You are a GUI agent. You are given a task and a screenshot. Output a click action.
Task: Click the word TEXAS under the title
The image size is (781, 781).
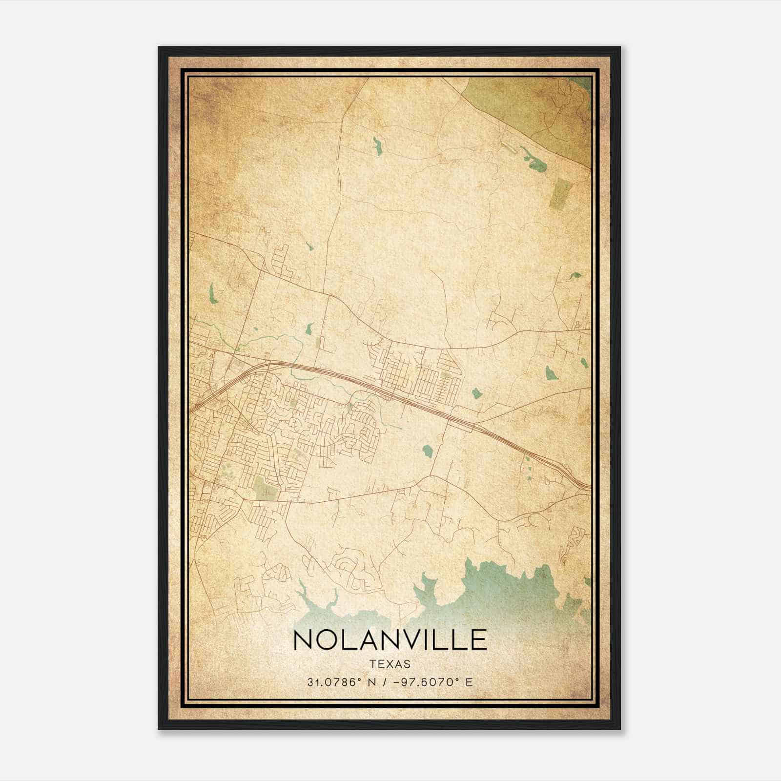(x=390, y=664)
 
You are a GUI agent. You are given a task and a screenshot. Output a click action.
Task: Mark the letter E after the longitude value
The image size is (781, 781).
(x=469, y=682)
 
